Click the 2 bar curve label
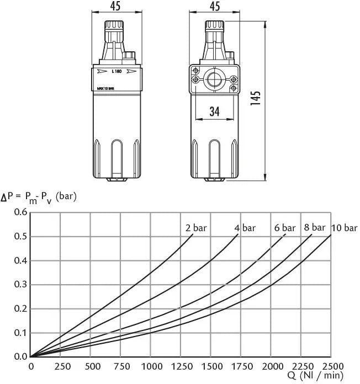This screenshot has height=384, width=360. (196, 228)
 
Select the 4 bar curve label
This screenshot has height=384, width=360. (245, 228)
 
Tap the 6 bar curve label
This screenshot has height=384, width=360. (285, 228)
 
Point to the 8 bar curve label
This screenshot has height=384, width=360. (315, 227)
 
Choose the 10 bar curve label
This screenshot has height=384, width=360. (345, 228)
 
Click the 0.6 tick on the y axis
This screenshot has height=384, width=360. (20, 212)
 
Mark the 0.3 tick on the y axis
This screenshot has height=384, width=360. (20, 284)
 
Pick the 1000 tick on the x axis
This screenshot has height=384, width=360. (152, 366)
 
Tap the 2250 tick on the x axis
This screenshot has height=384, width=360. (303, 366)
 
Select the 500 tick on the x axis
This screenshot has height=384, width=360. (93, 366)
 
